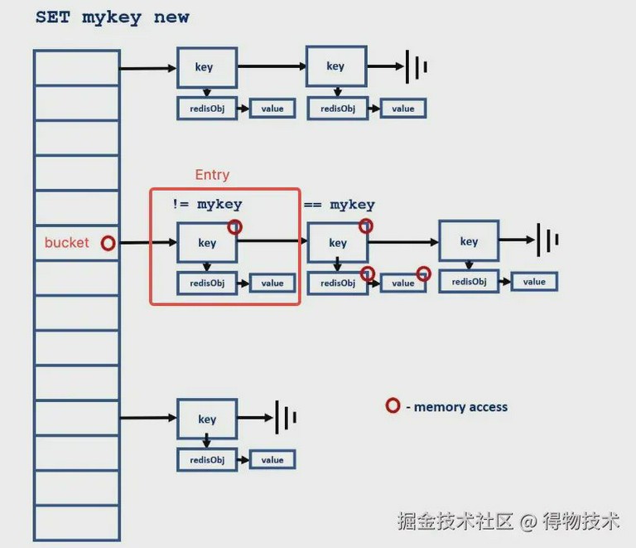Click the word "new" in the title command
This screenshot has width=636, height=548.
coord(171,17)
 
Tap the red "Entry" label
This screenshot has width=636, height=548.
coord(212,175)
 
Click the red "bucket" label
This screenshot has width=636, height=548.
coord(66,243)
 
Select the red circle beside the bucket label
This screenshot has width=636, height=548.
coord(108,243)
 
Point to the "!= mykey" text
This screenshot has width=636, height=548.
coord(207,204)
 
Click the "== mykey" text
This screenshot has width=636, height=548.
coord(339,205)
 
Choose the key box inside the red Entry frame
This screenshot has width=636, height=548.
coord(207,242)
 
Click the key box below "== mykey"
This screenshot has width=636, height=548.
coord(338,242)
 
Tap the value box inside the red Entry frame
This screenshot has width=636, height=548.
coord(272,283)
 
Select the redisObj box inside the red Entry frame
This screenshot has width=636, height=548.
coord(207,283)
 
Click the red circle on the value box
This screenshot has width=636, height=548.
coord(424,274)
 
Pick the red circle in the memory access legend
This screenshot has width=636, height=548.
coord(393,405)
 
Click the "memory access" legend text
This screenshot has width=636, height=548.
coord(460,407)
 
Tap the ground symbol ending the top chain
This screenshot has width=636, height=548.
coord(417,67)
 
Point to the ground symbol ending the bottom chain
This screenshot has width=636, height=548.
coord(286,417)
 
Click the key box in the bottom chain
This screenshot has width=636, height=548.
coord(207,419)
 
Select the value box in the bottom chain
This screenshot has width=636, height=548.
coord(272,459)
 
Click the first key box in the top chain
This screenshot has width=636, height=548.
coord(207,67)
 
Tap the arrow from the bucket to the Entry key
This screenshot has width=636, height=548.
coord(148,243)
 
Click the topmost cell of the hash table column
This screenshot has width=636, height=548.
coord(77,68)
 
